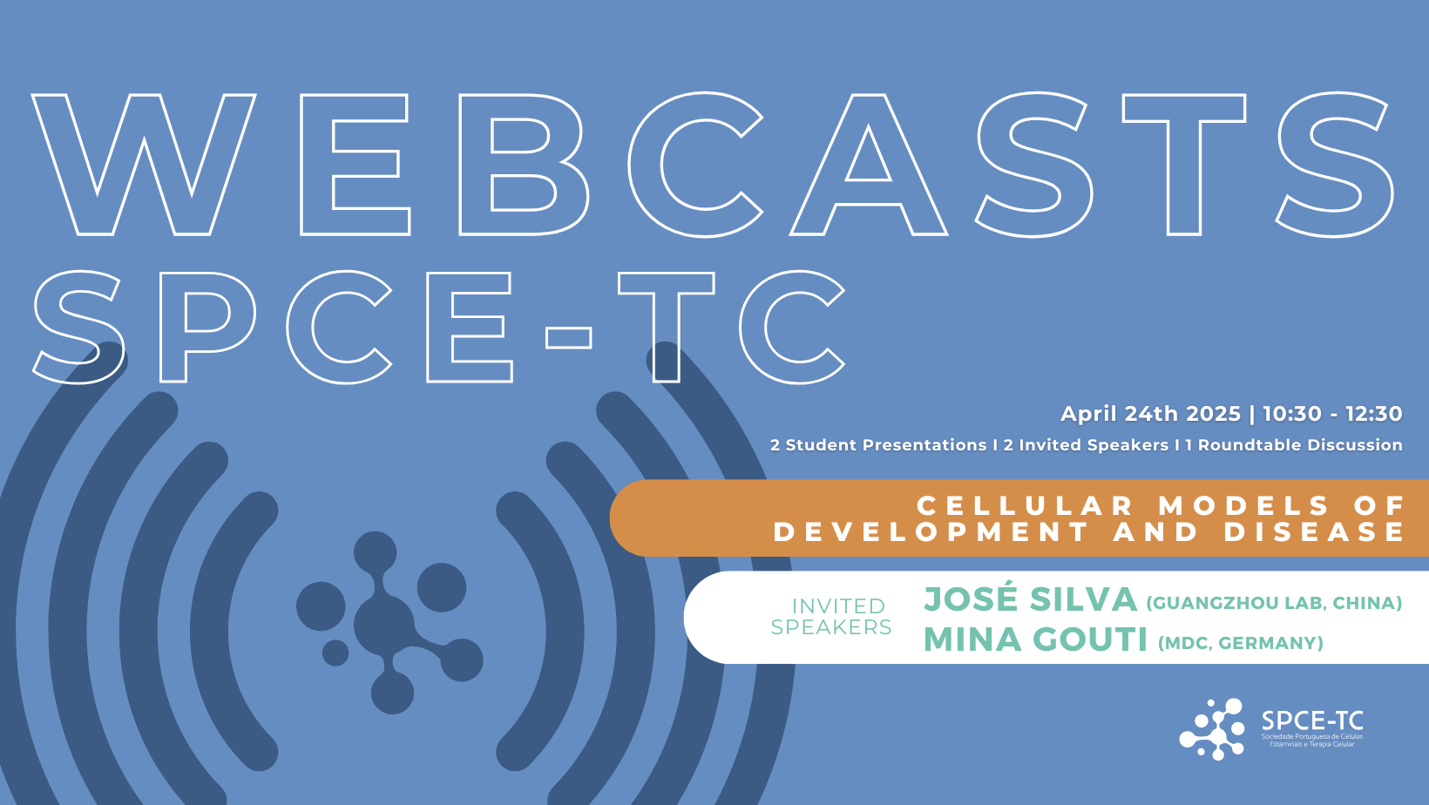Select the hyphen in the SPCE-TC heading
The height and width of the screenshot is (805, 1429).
pyautogui.click(x=568, y=337)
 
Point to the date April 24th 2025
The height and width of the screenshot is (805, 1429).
pyautogui.click(x=1150, y=413)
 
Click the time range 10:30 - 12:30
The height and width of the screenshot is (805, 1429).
pyautogui.click(x=1332, y=413)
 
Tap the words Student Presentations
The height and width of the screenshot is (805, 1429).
pyautogui.click(x=885, y=445)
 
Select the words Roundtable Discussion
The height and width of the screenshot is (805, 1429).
pyautogui.click(x=1300, y=445)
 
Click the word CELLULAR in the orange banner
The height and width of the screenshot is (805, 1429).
pyautogui.click(x=1026, y=506)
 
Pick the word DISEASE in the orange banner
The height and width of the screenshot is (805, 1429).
pyautogui.click(x=1314, y=532)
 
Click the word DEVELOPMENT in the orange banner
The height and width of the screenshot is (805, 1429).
pyautogui.click(x=931, y=532)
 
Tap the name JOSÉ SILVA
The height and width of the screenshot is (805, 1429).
pyautogui.click(x=1030, y=599)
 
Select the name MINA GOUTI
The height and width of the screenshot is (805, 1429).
pyautogui.click(x=1035, y=639)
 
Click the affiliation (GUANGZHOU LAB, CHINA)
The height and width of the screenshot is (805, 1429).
pyautogui.click(x=1274, y=603)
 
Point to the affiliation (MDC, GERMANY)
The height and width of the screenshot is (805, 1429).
pyautogui.click(x=1241, y=642)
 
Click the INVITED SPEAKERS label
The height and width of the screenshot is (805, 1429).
pyautogui.click(x=831, y=617)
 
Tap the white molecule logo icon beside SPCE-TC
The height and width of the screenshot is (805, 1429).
pyautogui.click(x=1212, y=729)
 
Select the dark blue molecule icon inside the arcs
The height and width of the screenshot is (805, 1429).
pyautogui.click(x=388, y=622)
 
